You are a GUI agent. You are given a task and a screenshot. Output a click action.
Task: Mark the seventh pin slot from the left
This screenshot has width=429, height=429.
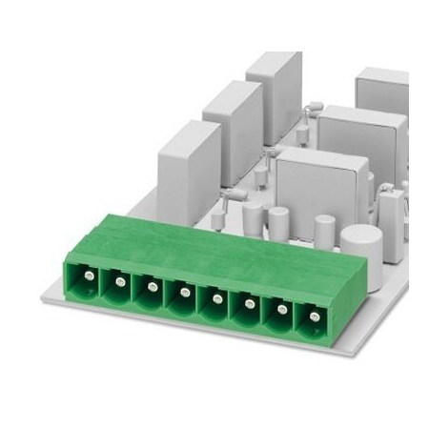pos(280,310)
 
